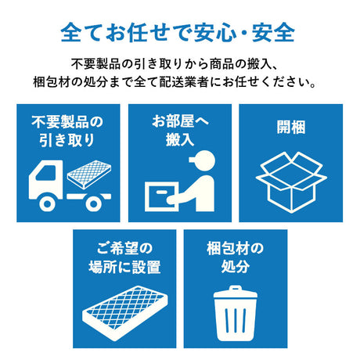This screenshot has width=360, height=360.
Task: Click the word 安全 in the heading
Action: click(x=275, y=33)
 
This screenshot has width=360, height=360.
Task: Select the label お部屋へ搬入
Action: click(x=179, y=131)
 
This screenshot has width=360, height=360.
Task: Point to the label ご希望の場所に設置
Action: click(x=124, y=257)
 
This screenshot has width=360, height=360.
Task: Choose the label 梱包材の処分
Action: click(x=235, y=257)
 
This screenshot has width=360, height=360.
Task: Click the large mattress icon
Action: click(x=123, y=310)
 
